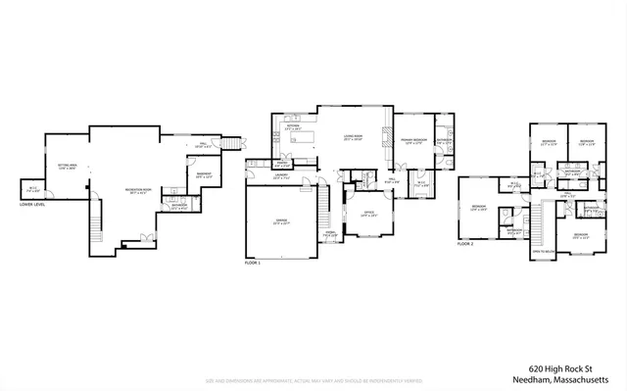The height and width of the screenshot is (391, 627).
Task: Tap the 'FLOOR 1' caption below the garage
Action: click(254, 264)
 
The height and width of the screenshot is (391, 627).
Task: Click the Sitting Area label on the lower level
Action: click(68, 168)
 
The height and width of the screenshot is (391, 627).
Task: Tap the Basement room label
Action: click(203, 175)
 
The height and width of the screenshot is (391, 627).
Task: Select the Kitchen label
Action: click(292, 127)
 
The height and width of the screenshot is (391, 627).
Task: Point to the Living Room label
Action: click(353, 138)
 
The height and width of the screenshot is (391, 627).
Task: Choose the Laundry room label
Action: click(281, 177)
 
